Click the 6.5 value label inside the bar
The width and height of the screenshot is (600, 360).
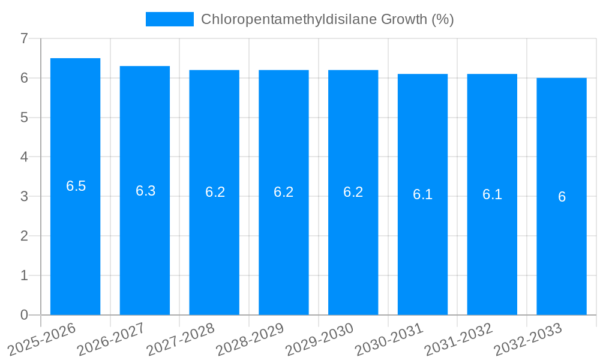pyautogui.click(x=76, y=186)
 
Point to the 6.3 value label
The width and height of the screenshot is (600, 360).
pyautogui.click(x=145, y=191)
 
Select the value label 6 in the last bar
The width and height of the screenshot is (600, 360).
pyautogui.click(x=562, y=197)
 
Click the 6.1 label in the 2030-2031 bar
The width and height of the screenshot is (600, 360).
pyautogui.click(x=422, y=194)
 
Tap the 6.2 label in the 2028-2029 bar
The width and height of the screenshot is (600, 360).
pyautogui.click(x=283, y=192)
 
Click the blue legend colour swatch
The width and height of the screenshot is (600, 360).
pyautogui.click(x=169, y=19)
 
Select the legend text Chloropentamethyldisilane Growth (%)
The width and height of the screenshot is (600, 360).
pyautogui.click(x=327, y=19)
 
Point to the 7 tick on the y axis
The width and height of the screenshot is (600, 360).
pyautogui.click(x=24, y=38)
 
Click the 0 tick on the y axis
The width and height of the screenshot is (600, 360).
pyautogui.click(x=24, y=315)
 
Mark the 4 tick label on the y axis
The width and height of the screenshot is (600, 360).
pyautogui.click(x=24, y=157)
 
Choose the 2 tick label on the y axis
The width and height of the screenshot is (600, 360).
pyautogui.click(x=24, y=236)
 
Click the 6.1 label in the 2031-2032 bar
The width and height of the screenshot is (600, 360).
pyautogui.click(x=492, y=194)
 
